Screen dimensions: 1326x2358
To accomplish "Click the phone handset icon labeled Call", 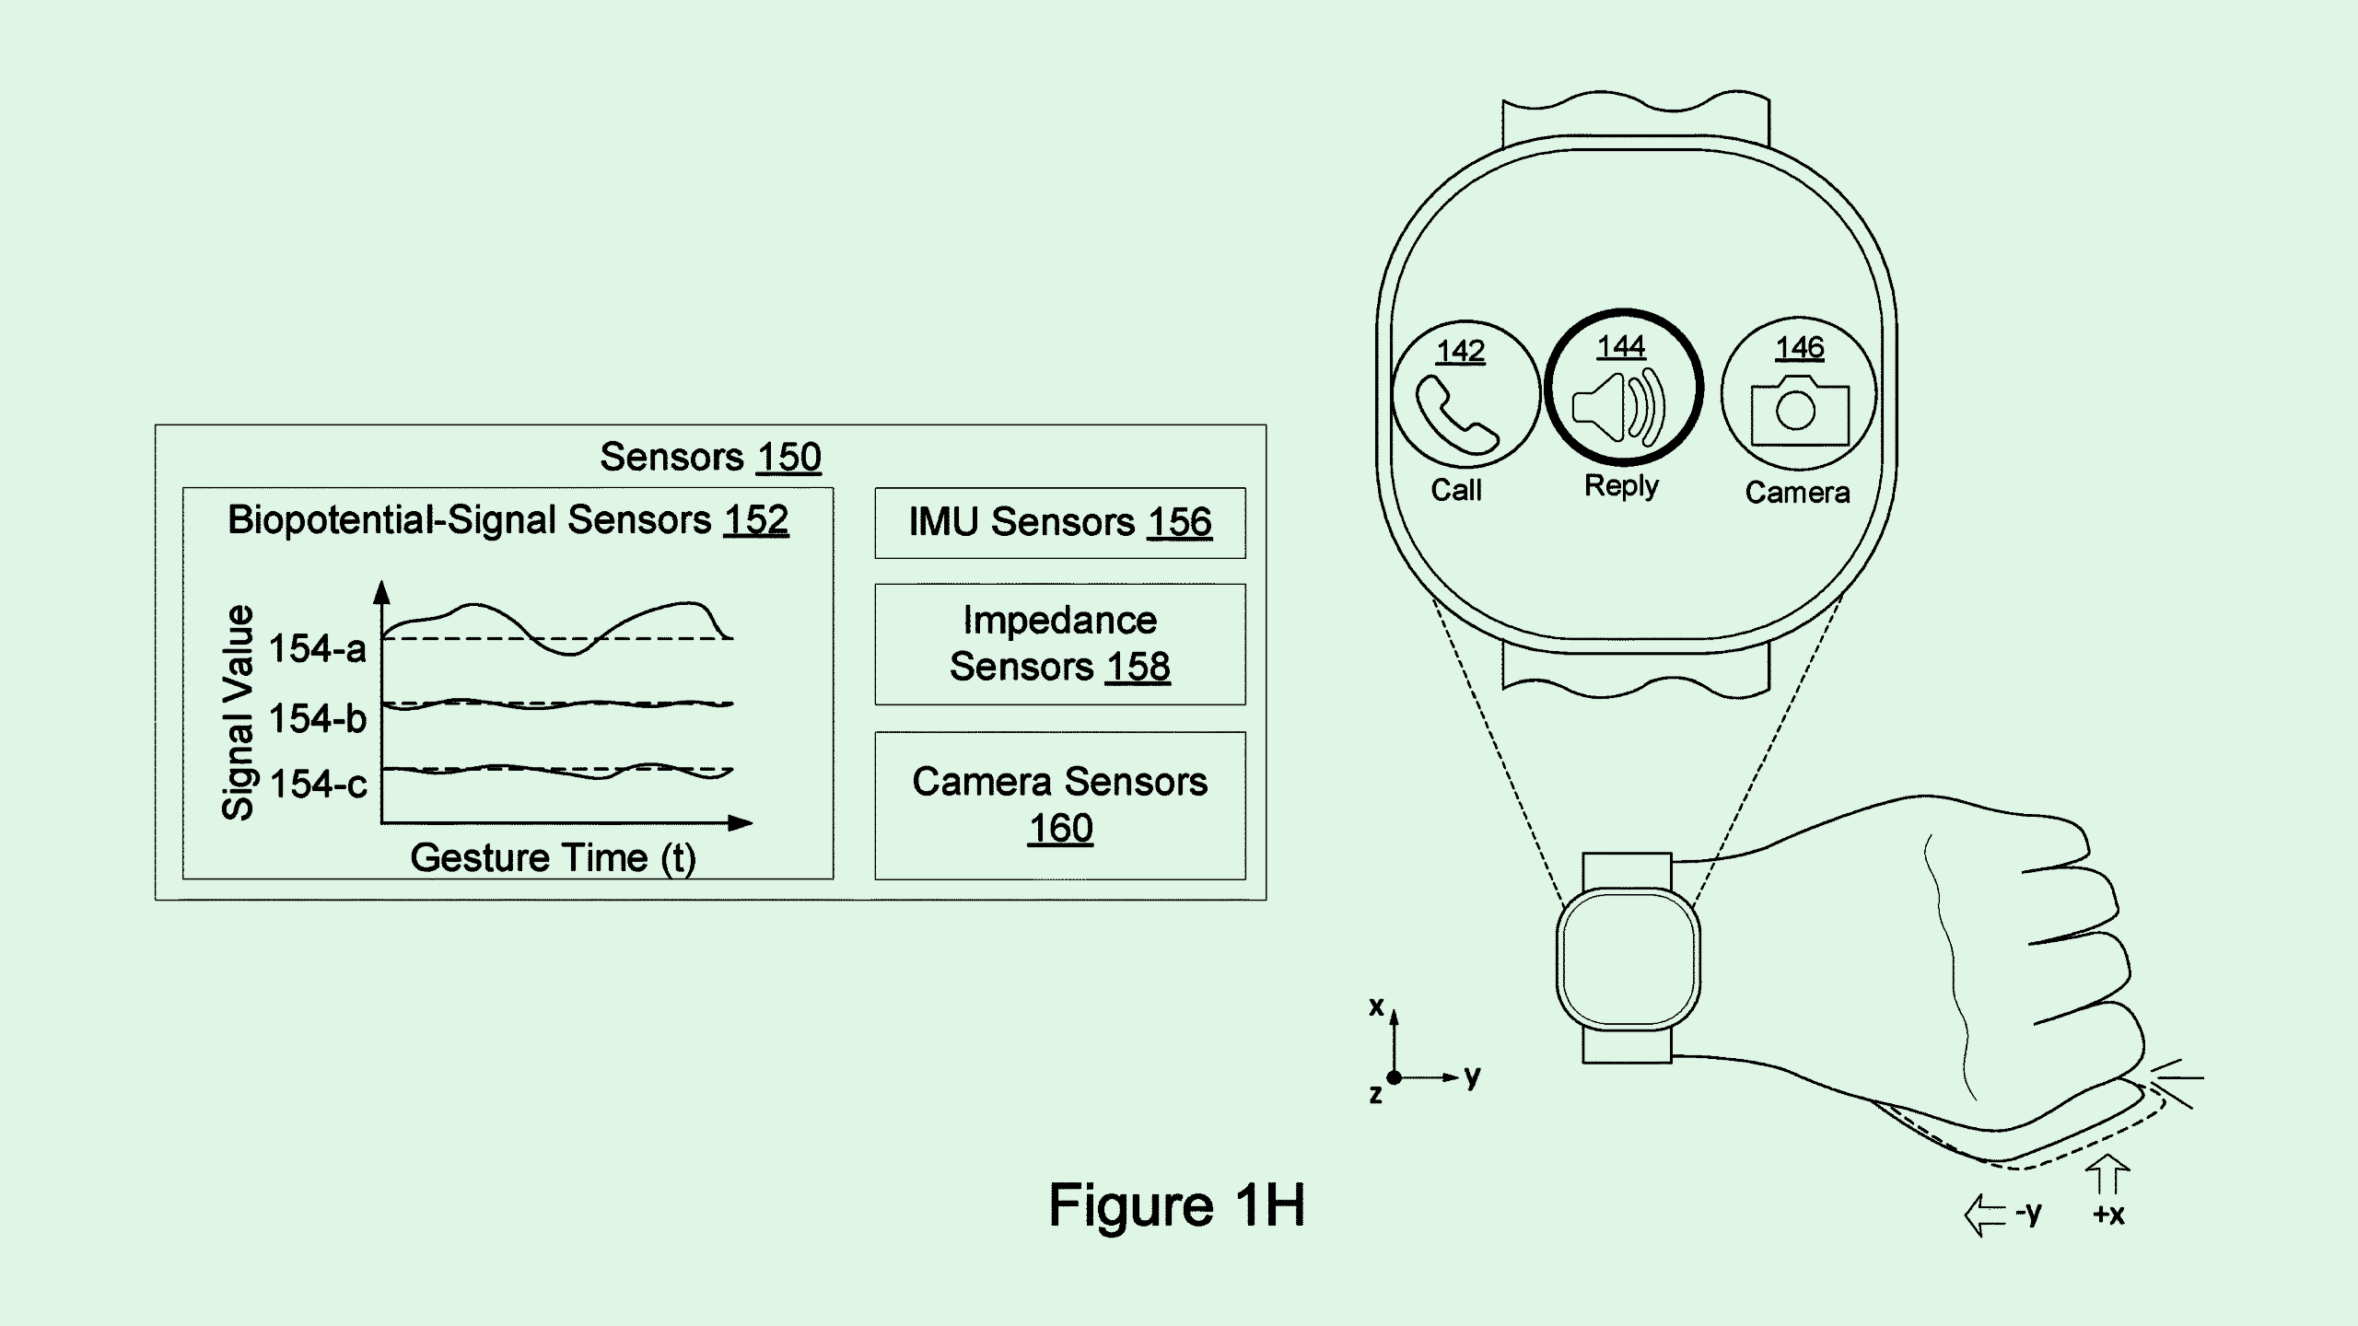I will tap(1456, 414).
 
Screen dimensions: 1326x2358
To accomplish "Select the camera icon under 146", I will tap(1799, 410).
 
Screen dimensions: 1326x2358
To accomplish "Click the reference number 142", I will tap(1460, 351).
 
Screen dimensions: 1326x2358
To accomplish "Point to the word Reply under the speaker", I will tap(1621, 485).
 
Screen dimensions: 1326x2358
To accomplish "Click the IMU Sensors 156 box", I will tap(1059, 522).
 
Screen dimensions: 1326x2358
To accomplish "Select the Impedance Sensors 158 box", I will tap(1059, 644).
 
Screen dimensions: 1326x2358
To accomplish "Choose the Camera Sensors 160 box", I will tap(1059, 805).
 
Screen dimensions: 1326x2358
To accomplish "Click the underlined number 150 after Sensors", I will tap(788, 457).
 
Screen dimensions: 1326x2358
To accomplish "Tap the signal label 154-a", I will tap(317, 649).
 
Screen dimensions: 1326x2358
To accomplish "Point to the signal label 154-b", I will tap(317, 718).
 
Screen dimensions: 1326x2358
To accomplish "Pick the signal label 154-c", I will tap(317, 785).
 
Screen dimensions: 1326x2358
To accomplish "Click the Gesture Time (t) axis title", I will tap(553, 857).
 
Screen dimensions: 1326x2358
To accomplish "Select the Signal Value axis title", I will tap(238, 712).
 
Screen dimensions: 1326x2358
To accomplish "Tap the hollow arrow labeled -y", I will tap(1984, 1215).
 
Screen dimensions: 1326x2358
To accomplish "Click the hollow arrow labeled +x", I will tap(2107, 1176).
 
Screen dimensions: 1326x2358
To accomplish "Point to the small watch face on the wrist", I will tap(1628, 958).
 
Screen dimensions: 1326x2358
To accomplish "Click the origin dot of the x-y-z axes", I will tap(1395, 1076).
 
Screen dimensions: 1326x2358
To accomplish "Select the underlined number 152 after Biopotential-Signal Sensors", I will tap(755, 520).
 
